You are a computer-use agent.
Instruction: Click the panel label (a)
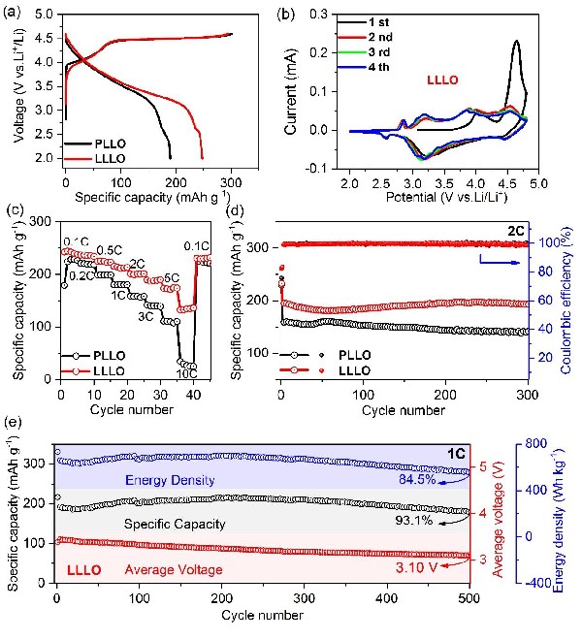(15, 13)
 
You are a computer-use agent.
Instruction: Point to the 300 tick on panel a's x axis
(231, 172)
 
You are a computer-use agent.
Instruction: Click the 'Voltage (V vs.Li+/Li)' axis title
(13, 86)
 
